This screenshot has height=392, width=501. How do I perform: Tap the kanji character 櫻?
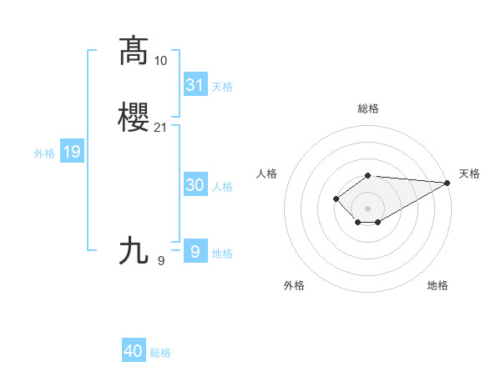(134, 118)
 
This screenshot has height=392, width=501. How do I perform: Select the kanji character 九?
(134, 250)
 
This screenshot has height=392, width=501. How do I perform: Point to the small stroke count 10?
(161, 60)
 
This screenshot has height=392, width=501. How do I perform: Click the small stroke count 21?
(161, 128)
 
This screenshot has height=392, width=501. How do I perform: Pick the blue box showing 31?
(195, 84)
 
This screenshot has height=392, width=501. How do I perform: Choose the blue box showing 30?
(195, 185)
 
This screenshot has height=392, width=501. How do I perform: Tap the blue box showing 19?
(72, 152)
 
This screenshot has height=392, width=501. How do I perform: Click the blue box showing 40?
(134, 351)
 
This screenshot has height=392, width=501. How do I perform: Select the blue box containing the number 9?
(195, 252)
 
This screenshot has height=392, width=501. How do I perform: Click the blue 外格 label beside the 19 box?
(43, 153)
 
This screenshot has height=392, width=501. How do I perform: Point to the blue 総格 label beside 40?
(160, 353)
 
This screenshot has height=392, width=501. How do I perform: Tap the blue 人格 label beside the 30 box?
(223, 187)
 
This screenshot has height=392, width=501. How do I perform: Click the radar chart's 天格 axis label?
(469, 173)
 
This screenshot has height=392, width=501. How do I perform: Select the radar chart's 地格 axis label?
(438, 285)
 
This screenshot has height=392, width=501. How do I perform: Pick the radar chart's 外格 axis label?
(294, 285)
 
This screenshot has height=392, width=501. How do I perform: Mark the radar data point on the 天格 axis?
(448, 183)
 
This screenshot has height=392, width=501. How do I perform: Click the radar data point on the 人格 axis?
(336, 199)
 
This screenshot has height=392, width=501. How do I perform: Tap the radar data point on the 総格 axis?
(368, 175)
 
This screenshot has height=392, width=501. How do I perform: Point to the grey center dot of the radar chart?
(368, 208)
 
